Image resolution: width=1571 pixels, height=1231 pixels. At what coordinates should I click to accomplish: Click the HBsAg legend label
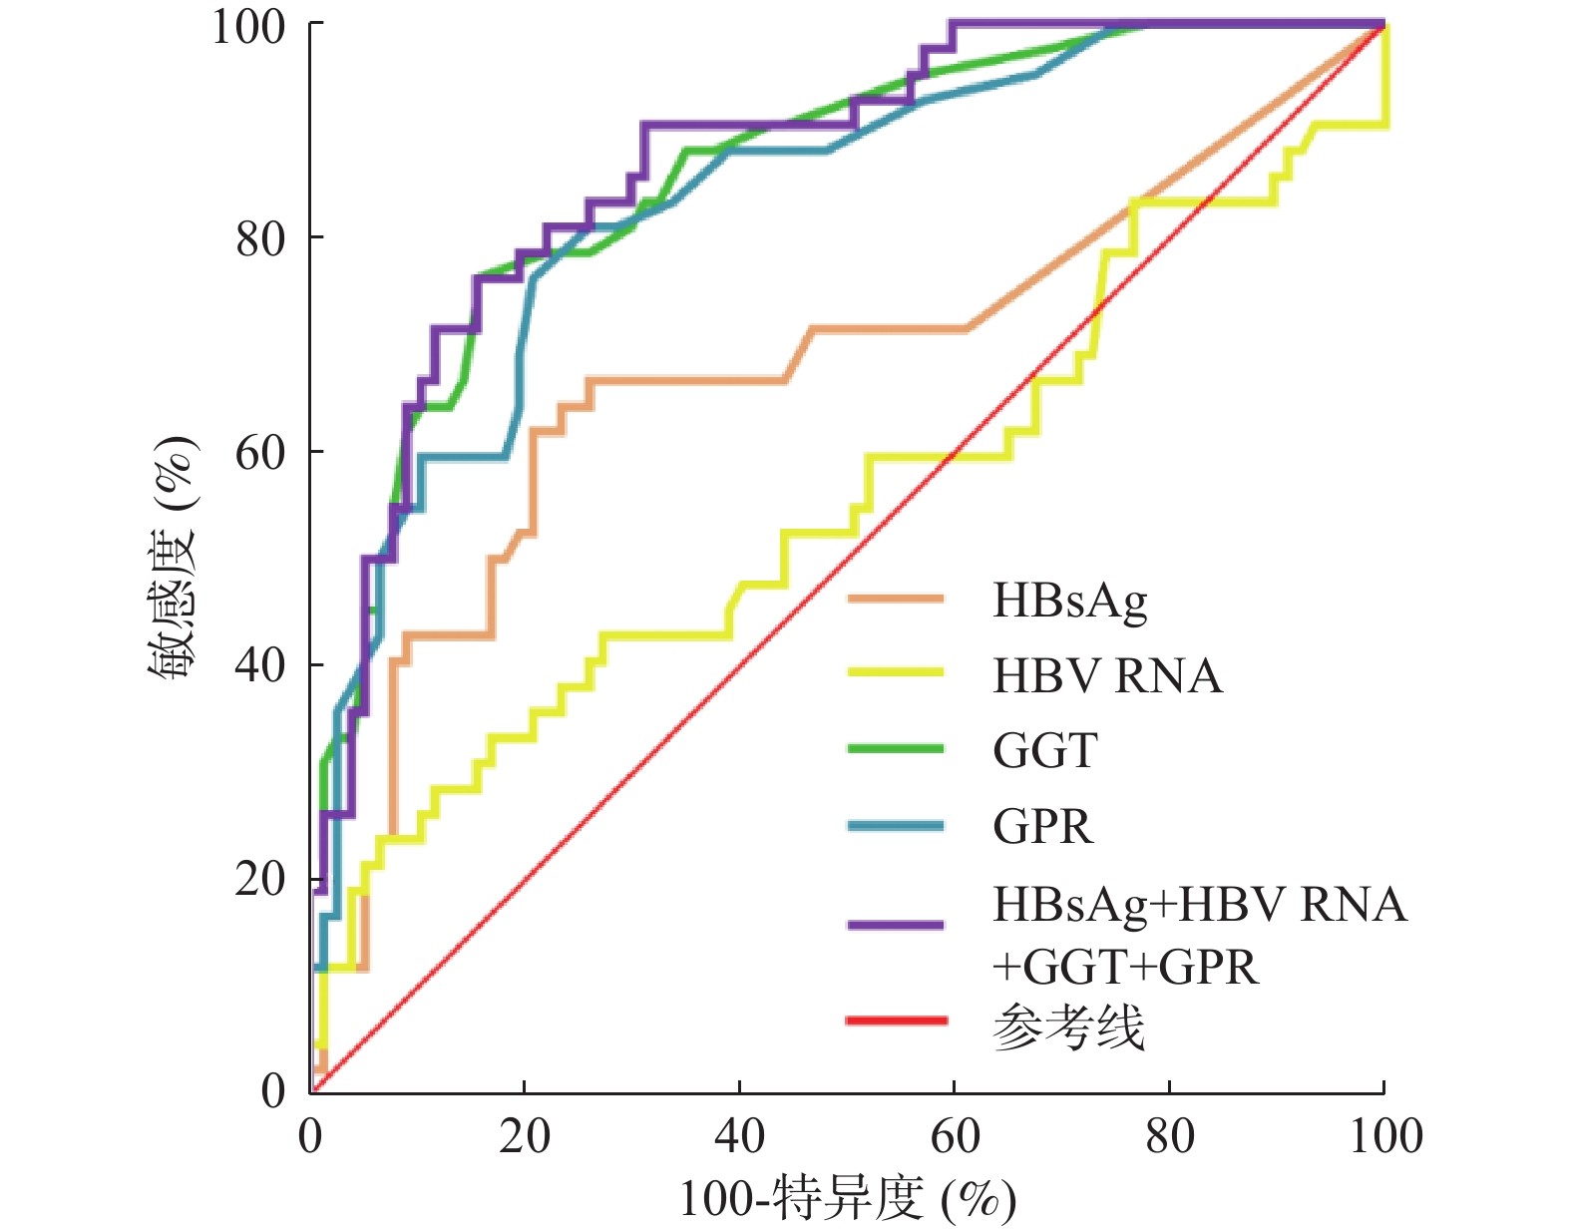point(1069,602)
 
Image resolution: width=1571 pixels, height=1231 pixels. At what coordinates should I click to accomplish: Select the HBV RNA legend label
point(1107,676)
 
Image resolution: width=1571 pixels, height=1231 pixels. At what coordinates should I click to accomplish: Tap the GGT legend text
point(1045,751)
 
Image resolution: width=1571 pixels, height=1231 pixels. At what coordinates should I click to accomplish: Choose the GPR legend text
point(1043,827)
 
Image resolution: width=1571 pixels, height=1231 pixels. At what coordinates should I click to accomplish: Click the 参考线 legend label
point(1068,1026)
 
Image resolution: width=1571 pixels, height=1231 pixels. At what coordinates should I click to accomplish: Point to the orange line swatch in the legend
point(895,600)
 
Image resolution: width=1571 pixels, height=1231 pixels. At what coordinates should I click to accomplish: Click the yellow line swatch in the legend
point(895,673)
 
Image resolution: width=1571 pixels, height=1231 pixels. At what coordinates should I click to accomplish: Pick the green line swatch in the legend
point(895,748)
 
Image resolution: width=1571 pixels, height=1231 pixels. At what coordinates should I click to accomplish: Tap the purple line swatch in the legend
point(895,925)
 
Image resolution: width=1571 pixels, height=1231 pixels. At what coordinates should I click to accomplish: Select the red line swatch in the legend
point(895,1021)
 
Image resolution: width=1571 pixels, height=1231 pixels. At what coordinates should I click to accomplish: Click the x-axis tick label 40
point(739,1137)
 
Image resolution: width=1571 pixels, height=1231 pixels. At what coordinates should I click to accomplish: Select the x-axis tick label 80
point(1169,1137)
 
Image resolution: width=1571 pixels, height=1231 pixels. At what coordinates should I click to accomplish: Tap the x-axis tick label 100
point(1385,1137)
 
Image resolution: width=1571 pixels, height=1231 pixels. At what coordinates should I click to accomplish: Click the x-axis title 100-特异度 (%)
point(847,1199)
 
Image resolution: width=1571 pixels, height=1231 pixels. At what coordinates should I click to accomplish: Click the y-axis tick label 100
point(248,27)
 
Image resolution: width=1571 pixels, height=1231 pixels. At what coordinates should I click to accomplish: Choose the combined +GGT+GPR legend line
point(1125,967)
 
